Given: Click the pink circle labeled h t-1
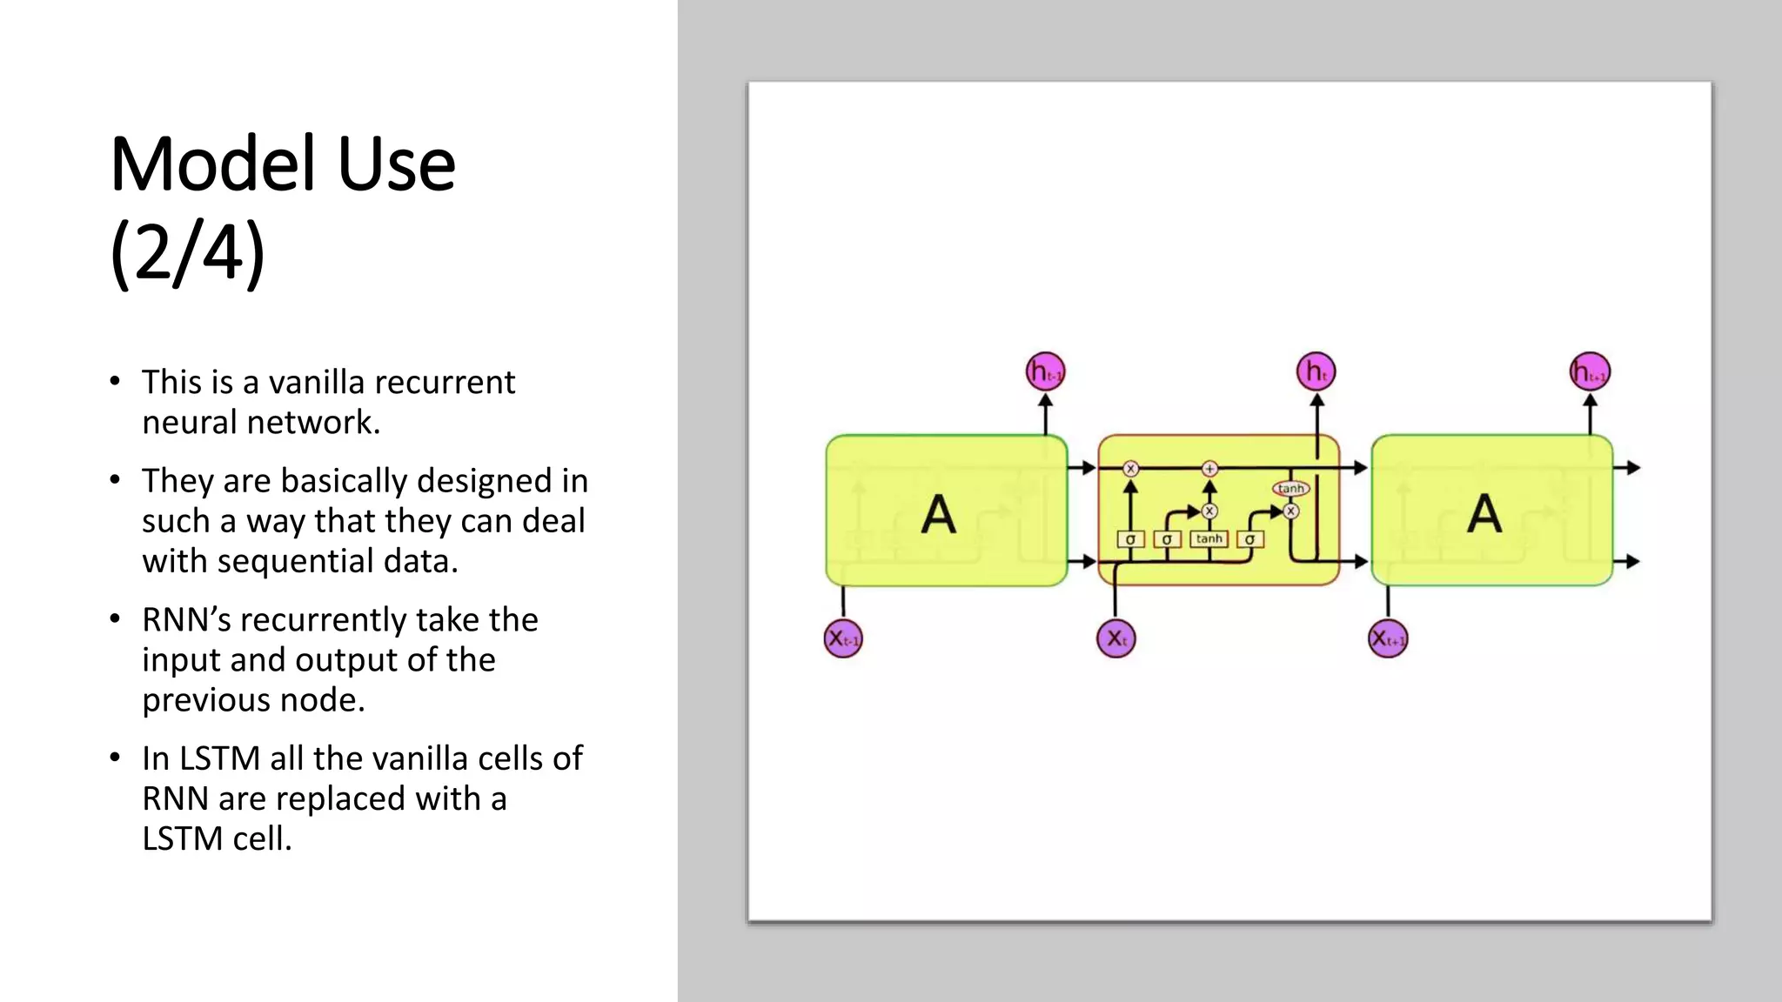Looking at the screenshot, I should tap(1045, 372).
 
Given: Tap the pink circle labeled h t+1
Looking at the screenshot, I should tap(1590, 372).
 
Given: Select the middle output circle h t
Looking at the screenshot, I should tap(1316, 372).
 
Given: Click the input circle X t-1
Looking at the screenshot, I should tap(842, 638).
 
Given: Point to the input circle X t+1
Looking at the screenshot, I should tap(1388, 638).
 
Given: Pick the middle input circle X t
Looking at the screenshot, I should tap(1115, 638).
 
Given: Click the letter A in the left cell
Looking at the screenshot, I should tap(938, 514).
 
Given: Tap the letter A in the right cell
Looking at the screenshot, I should tap(1484, 514).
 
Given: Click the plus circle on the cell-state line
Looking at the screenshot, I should tap(1209, 469).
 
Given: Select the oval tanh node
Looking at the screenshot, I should tap(1290, 489).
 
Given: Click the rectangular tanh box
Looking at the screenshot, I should tap(1209, 539).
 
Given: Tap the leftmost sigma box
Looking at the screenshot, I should tap(1130, 539).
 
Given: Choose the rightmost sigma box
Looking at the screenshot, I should tap(1249, 539).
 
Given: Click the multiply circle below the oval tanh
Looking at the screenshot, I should tap(1291, 511).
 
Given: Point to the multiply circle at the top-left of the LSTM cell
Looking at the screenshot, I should tap(1130, 469).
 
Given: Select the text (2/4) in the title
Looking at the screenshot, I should tap(187, 253).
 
